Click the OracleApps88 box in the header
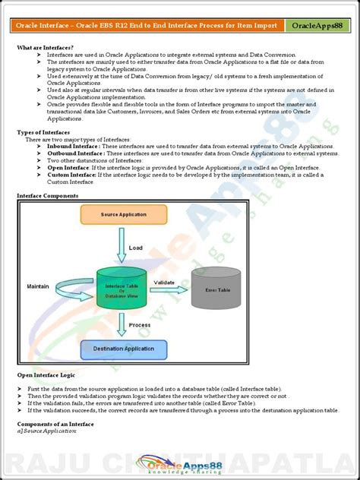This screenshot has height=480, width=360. (x=317, y=27)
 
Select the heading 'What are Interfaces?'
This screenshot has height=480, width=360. (x=45, y=47)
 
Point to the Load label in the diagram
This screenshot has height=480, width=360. (x=135, y=248)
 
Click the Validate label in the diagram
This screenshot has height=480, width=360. (x=164, y=281)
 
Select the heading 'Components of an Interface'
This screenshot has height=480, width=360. (x=55, y=423)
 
